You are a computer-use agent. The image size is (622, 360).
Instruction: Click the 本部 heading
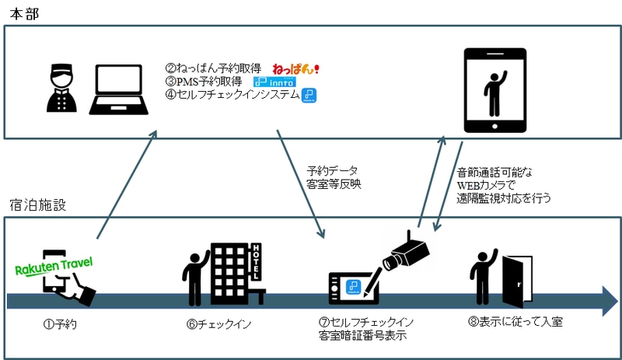pos(24,14)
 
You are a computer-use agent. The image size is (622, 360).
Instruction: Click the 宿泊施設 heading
pos(37,204)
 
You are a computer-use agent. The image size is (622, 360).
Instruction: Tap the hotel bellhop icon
pos(61,88)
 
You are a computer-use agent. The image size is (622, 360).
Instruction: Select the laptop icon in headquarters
pos(119,89)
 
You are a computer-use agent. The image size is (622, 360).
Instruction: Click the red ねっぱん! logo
pos(295,69)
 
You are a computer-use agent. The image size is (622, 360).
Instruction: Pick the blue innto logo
pos(274,82)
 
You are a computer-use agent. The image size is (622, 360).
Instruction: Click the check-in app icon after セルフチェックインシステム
pos(309,96)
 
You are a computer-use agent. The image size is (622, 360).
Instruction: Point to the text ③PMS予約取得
pos(204,82)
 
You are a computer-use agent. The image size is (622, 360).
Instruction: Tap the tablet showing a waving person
pos(495,90)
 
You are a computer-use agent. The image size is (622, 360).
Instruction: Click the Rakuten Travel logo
pos(54,266)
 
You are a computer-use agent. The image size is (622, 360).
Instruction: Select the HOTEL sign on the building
pos(257,261)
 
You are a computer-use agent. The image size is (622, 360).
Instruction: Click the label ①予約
pos(60,324)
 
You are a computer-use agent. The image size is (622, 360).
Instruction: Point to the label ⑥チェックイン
pos(219,324)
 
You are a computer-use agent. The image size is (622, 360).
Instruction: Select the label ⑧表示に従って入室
pos(515,321)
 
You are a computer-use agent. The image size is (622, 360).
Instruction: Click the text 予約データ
pos(333,171)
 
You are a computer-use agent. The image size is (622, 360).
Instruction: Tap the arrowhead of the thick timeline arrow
pos(610,301)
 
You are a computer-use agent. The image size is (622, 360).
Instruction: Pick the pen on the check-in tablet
pos(372,282)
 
